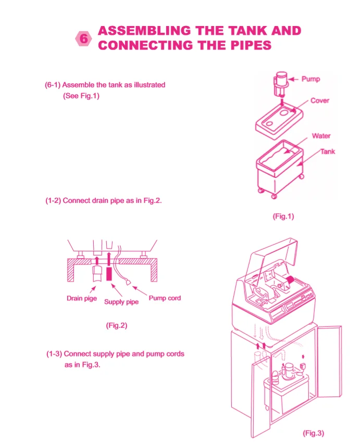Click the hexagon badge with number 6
click(84, 39)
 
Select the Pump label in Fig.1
click(311, 79)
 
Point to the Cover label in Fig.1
click(319, 100)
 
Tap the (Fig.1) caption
click(283, 217)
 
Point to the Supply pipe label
click(121, 302)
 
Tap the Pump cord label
click(165, 298)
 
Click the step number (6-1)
click(53, 85)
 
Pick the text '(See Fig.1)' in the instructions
click(81, 96)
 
